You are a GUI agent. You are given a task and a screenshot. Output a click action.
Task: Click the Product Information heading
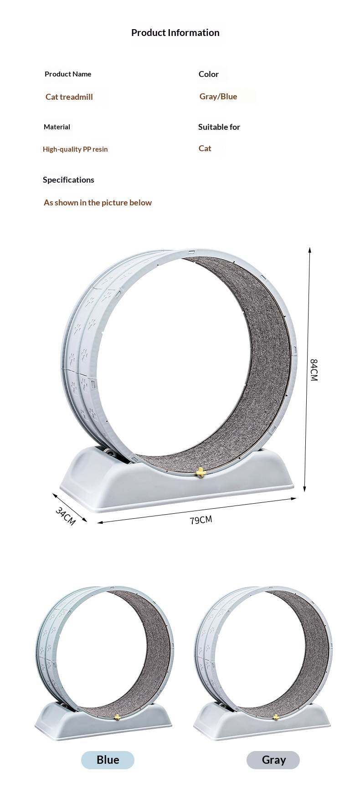[x=175, y=33]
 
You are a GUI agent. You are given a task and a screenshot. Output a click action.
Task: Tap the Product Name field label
[x=68, y=74]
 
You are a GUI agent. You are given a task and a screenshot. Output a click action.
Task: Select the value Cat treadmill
[x=69, y=97]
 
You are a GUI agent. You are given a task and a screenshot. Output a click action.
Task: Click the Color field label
[x=209, y=74]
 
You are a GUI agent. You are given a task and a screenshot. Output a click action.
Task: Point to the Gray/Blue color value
[x=218, y=97]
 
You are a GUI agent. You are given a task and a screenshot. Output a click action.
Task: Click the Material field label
[x=57, y=127]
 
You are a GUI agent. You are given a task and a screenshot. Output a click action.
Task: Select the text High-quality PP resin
[x=75, y=149]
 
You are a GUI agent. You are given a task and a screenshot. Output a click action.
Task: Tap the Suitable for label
[x=219, y=127]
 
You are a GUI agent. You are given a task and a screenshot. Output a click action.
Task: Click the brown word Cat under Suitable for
[x=205, y=148]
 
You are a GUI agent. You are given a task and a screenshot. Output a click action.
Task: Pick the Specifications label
[x=68, y=180]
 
